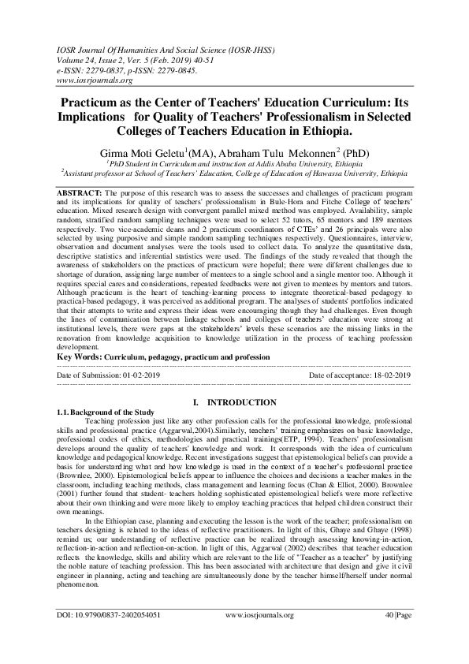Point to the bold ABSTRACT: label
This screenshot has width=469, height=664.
[81, 192]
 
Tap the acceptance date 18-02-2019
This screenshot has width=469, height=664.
[390, 376]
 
